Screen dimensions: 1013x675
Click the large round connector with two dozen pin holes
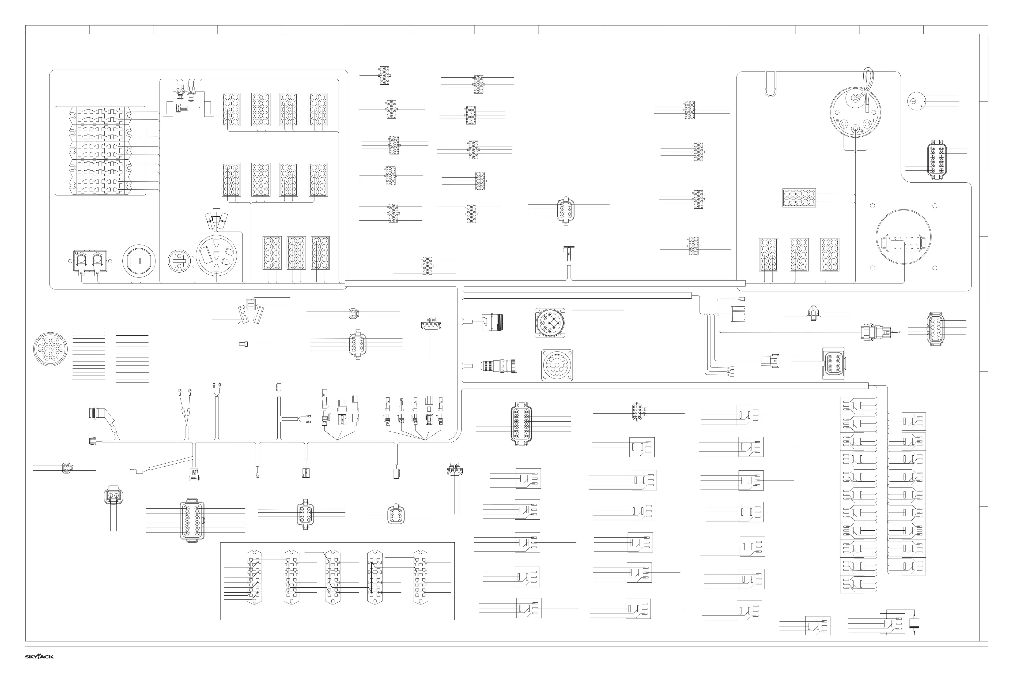50,349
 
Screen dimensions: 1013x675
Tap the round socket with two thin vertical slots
139,262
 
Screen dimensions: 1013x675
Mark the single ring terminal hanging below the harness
257,476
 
